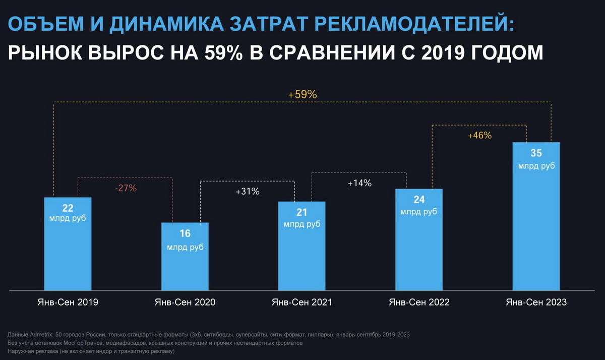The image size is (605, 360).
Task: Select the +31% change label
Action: (x=248, y=192)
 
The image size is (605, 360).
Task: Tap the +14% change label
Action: (x=359, y=183)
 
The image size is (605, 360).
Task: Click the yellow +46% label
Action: (x=479, y=136)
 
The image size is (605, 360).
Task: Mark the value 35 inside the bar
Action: (x=536, y=153)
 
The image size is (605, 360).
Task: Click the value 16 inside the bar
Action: (x=185, y=234)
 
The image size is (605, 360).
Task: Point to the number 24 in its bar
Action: (x=418, y=200)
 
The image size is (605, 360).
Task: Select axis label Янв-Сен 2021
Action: (x=301, y=303)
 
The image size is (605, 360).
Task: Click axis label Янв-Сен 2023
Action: (x=536, y=303)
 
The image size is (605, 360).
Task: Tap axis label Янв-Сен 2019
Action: (x=68, y=303)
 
